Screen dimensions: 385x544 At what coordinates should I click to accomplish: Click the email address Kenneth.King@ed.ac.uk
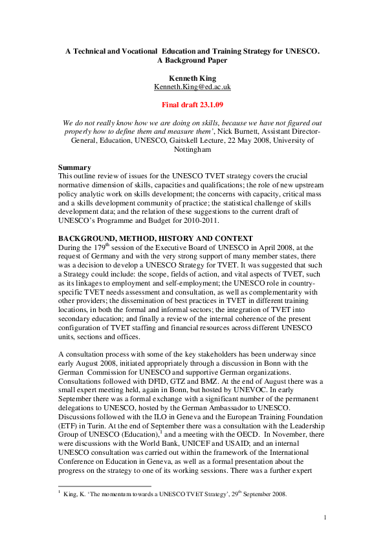pyautogui.click(x=192, y=87)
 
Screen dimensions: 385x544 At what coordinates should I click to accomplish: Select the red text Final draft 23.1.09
pyautogui.click(x=192, y=103)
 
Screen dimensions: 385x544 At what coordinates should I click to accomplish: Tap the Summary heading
pyautogui.click(x=74, y=167)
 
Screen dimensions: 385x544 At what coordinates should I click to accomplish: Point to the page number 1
pyautogui.click(x=325, y=517)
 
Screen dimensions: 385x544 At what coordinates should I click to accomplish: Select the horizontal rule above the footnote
pyautogui.click(x=105, y=486)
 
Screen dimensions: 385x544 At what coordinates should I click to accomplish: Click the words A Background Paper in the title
pyautogui.click(x=192, y=60)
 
